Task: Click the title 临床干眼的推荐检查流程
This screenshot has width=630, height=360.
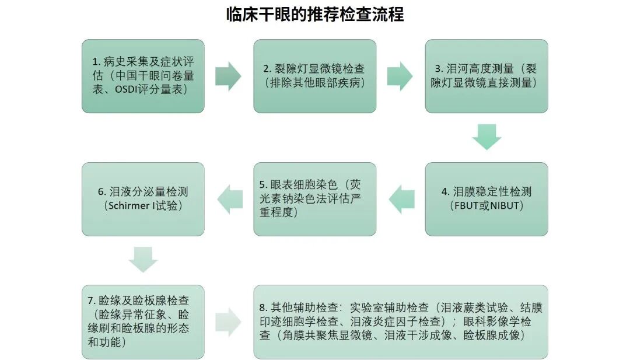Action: (315, 15)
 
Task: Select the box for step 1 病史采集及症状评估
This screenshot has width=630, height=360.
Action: (143, 76)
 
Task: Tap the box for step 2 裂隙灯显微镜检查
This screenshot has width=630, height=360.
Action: (314, 76)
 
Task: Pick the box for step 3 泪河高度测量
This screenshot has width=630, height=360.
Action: (486, 76)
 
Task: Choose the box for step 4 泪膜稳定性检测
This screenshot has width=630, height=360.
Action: (486, 199)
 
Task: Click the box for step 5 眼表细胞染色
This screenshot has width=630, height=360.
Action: (314, 199)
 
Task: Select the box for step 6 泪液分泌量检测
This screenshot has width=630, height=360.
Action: (143, 199)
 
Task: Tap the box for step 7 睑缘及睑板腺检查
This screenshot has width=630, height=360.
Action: (143, 321)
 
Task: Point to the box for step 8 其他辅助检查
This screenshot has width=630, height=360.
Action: (401, 321)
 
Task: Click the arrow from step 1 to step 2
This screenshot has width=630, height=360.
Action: (228, 76)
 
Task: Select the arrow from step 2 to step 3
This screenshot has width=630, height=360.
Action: (400, 76)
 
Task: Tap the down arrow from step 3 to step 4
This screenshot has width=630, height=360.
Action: (487, 137)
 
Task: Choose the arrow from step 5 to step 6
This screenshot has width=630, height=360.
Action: (230, 199)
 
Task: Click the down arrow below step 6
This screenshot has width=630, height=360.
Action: (143, 259)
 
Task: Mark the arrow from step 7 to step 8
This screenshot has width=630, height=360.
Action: (228, 321)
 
